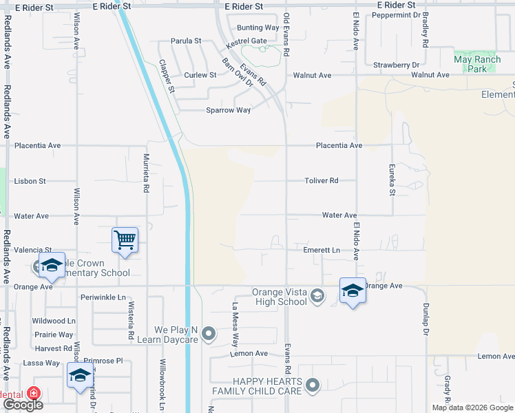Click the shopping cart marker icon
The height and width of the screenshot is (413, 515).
pyautogui.click(x=125, y=240)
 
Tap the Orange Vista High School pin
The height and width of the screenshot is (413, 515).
pyautogui.click(x=317, y=296)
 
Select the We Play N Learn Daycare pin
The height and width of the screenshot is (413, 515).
pyautogui.click(x=209, y=335)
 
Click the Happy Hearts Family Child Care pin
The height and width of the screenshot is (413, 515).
pyautogui.click(x=313, y=385)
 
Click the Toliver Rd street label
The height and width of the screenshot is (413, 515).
pyautogui.click(x=322, y=181)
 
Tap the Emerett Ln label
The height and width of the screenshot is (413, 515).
pyautogui.click(x=322, y=251)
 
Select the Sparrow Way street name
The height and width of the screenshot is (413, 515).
pyautogui.click(x=229, y=110)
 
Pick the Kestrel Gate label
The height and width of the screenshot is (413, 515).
pyautogui.click(x=246, y=41)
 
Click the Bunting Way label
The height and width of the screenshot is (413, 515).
pyautogui.click(x=257, y=28)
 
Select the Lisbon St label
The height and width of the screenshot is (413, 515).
pyautogui.click(x=30, y=181)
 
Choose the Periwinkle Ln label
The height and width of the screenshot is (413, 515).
pyautogui.click(x=103, y=297)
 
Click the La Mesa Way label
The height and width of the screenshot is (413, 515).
pyautogui.click(x=235, y=324)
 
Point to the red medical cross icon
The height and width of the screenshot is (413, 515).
pyautogui.click(x=34, y=394)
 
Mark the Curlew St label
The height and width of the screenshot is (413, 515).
pyautogui.click(x=200, y=75)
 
